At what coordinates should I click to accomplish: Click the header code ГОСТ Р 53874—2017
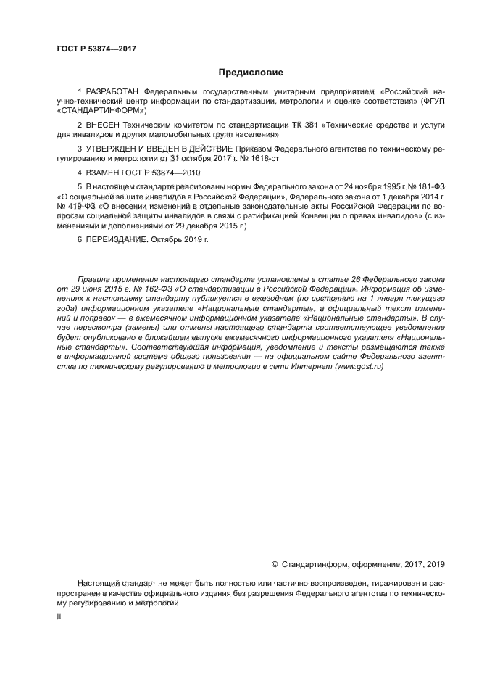pyautogui.click(x=96, y=49)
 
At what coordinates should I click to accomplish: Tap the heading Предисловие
pyautogui.click(x=250, y=73)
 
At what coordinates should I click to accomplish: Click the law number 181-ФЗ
pyautogui.click(x=430, y=187)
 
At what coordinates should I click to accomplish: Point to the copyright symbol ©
pyautogui.click(x=275, y=564)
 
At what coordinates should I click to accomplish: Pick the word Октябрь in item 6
pyautogui.click(x=167, y=238)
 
